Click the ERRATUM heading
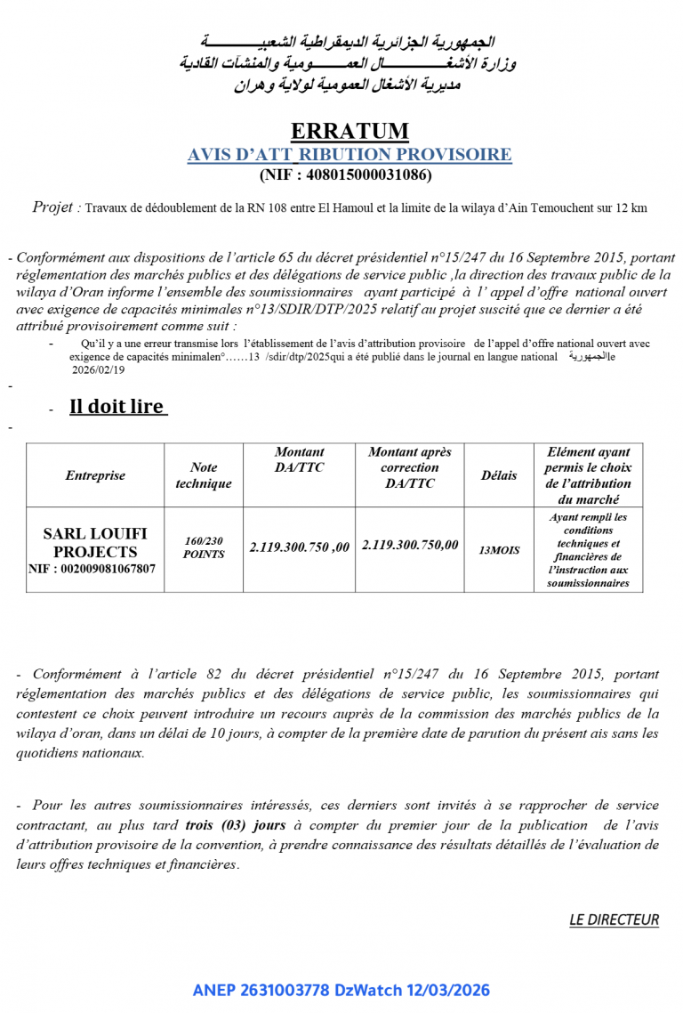(350, 132)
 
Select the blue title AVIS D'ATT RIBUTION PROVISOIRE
(350, 155)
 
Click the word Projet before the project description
(54, 207)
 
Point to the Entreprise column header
(95, 475)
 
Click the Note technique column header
(204, 475)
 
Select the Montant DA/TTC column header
(300, 459)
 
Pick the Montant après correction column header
(410, 467)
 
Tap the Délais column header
(499, 475)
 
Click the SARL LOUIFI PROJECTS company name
(95, 543)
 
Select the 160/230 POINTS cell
(204, 547)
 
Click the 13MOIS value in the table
(499, 551)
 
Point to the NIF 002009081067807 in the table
(92, 567)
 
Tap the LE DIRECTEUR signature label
(614, 920)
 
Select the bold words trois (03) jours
(223, 825)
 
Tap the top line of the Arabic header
(348, 42)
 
